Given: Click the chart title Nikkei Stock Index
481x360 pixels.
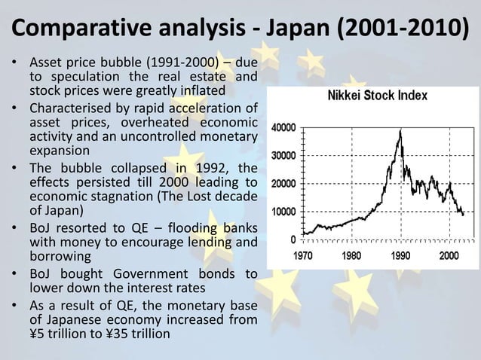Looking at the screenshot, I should pyautogui.click(x=377, y=96).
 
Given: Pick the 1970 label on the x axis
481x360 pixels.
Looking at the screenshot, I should pyautogui.click(x=303, y=255).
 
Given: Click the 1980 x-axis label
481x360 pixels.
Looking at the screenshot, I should pyautogui.click(x=351, y=255).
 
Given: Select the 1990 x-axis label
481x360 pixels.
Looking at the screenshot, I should pyautogui.click(x=400, y=255).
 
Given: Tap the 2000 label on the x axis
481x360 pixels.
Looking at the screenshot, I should pyautogui.click(x=448, y=255).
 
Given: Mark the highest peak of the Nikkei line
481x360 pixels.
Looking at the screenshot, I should pyautogui.click(x=400, y=130).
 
